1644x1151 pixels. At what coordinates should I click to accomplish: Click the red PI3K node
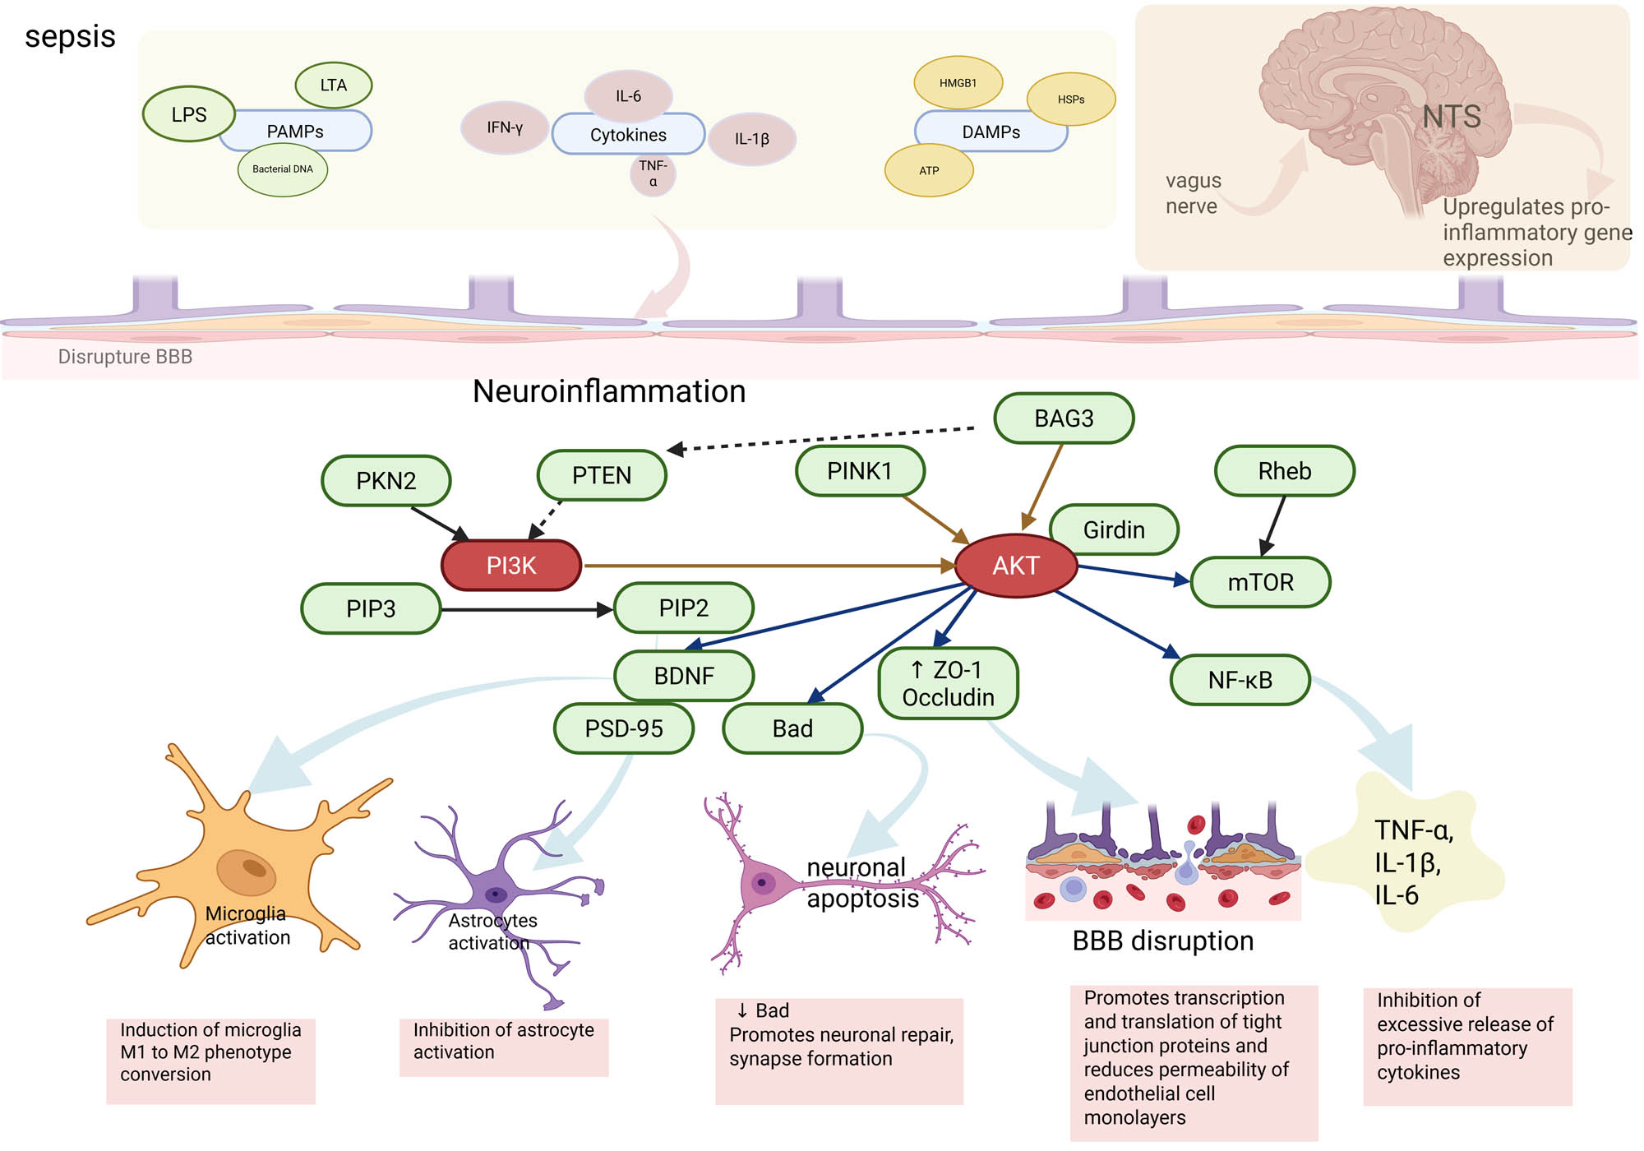click(511, 566)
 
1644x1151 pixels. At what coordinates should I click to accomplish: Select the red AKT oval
click(1016, 566)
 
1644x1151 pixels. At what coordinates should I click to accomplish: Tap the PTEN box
click(602, 475)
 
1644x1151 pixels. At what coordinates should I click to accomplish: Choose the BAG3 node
click(1064, 418)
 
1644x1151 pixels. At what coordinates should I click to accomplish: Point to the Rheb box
click(1284, 471)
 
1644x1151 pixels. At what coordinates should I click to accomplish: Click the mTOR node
click(1260, 582)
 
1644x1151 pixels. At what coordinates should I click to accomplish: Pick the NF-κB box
click(1240, 680)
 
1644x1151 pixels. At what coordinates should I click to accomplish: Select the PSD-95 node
click(624, 728)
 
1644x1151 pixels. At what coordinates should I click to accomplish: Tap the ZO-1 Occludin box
click(948, 684)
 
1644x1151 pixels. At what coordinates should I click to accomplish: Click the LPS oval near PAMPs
click(189, 114)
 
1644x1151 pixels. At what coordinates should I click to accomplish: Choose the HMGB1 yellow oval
click(958, 83)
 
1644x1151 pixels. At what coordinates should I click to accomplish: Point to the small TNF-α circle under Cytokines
click(653, 174)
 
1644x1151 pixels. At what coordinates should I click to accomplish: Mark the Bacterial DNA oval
click(283, 169)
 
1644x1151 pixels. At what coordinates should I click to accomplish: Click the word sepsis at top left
click(70, 37)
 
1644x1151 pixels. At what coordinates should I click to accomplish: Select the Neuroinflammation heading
click(609, 391)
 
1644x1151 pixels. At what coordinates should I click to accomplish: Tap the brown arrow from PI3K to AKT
click(764, 566)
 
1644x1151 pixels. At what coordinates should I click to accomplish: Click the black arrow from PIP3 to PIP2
click(526, 610)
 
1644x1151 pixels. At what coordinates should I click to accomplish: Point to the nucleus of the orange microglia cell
click(247, 871)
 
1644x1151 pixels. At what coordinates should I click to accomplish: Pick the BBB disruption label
click(1162, 941)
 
